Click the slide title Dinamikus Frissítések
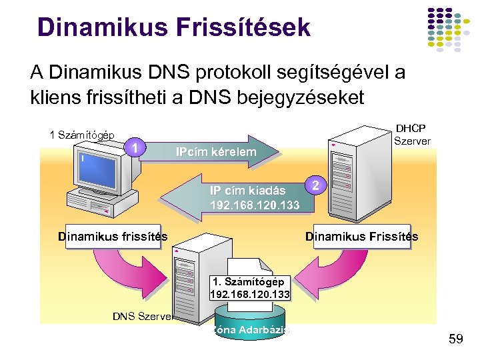point(174,27)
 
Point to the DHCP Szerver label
point(412,134)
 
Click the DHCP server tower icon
point(347,170)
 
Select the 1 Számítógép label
point(82,135)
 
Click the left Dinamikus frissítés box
point(113,236)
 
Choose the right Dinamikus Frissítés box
point(361,236)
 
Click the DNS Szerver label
point(143,316)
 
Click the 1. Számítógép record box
point(250,287)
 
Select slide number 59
point(456,340)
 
